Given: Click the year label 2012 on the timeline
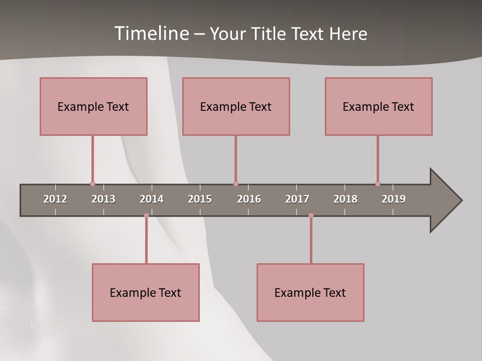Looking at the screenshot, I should pyautogui.click(x=55, y=199).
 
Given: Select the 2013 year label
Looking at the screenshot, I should pyautogui.click(x=103, y=199).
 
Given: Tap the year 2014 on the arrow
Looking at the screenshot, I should pyautogui.click(x=152, y=199).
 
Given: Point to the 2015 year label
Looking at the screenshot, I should pyautogui.click(x=200, y=199).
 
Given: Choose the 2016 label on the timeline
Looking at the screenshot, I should pyautogui.click(x=249, y=199).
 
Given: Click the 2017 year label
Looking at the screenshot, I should pyautogui.click(x=297, y=199).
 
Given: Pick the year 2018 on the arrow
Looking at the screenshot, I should pyautogui.click(x=345, y=199).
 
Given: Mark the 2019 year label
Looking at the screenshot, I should pyautogui.click(x=394, y=199).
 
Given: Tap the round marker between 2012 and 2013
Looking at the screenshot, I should pyautogui.click(x=92, y=184).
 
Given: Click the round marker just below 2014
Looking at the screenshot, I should pyautogui.click(x=146, y=216).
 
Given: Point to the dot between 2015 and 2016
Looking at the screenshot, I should pyautogui.click(x=235, y=184).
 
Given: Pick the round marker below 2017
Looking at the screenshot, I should pyautogui.click(x=311, y=216).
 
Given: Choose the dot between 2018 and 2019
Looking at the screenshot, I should pyautogui.click(x=378, y=184).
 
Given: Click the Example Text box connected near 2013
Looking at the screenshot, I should pyautogui.click(x=93, y=106).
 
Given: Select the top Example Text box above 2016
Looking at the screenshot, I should pyautogui.click(x=236, y=106).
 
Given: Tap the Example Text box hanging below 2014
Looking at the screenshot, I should pyautogui.click(x=146, y=292).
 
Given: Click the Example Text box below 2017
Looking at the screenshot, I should pyautogui.click(x=310, y=292).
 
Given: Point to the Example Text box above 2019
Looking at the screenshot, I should pyautogui.click(x=379, y=106).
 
